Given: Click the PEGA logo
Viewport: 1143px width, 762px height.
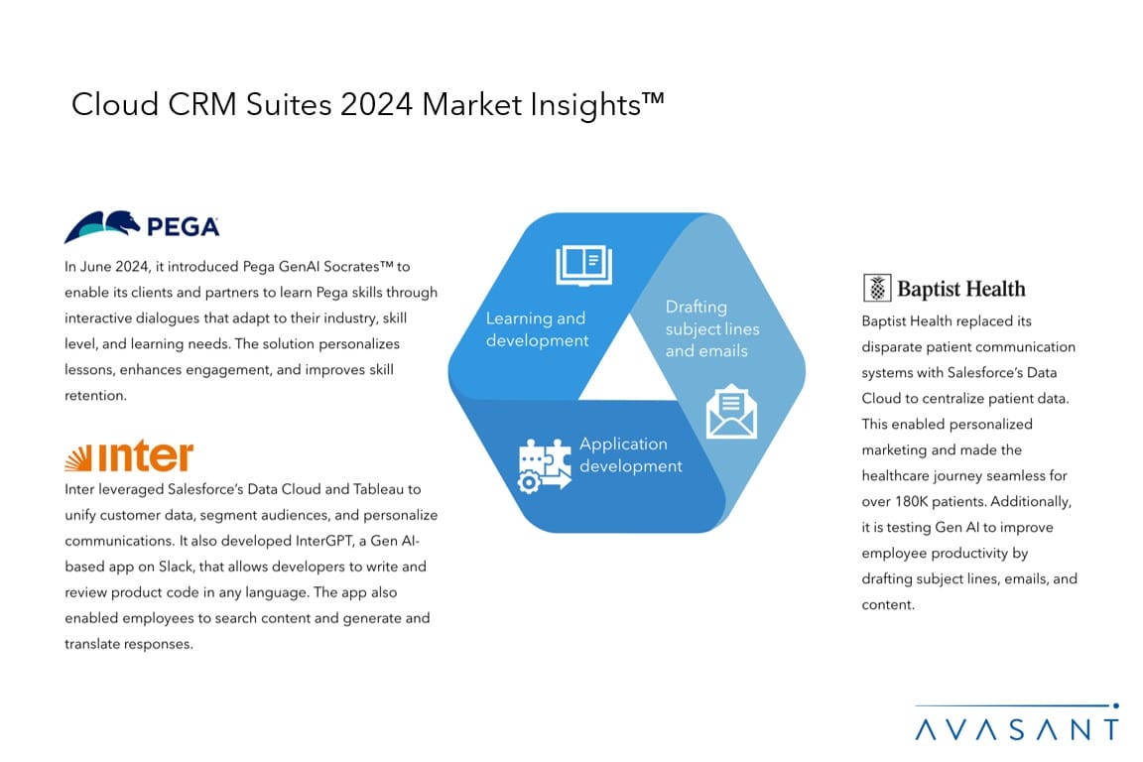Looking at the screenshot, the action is click(x=142, y=227).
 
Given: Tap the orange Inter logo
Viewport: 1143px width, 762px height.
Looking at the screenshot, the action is click(x=129, y=456).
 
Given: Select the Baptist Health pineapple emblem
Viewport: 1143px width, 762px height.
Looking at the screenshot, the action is click(x=877, y=288).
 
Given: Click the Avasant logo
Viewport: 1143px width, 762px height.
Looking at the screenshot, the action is click(x=1017, y=722).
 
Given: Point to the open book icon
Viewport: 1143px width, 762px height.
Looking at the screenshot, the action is click(x=583, y=265).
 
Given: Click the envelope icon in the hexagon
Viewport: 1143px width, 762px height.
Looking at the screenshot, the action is click(x=731, y=412).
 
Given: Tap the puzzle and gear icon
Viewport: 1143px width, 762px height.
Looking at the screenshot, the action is click(x=544, y=465).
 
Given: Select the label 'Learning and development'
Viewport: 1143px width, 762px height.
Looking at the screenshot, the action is click(x=537, y=328).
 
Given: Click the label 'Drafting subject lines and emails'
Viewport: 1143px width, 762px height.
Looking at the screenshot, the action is click(x=712, y=328).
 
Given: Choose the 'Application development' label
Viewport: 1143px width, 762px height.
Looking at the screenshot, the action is click(x=631, y=454).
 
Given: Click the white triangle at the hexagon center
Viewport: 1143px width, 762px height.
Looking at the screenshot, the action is click(x=628, y=367).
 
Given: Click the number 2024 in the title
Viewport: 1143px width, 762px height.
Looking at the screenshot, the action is click(x=377, y=104).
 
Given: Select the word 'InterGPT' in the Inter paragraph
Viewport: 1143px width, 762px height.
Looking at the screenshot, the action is click(x=324, y=541).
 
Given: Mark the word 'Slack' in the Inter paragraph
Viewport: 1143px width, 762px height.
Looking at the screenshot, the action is click(x=176, y=567).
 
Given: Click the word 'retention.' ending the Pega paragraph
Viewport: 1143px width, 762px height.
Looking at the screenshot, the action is click(x=95, y=395).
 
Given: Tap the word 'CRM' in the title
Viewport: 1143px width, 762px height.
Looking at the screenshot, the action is click(x=202, y=104).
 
